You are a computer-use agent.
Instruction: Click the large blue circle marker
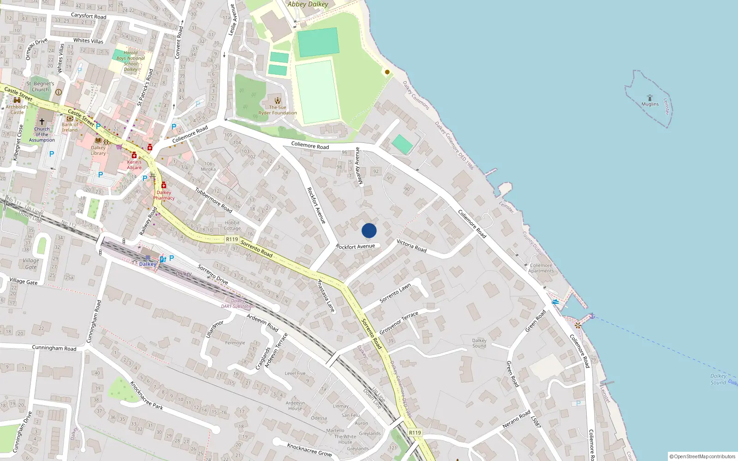click(x=369, y=230)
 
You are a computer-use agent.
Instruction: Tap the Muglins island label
click(x=650, y=104)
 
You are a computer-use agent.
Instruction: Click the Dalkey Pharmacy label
click(x=164, y=195)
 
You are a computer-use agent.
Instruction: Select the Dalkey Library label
click(x=98, y=150)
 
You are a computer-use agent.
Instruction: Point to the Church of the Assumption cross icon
click(x=42, y=122)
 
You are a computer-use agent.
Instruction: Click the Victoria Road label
click(x=411, y=246)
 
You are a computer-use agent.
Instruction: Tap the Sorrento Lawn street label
click(x=395, y=293)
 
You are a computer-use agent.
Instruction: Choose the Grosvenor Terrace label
click(x=399, y=323)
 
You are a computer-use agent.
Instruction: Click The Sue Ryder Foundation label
click(x=278, y=110)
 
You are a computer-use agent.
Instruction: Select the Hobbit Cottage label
click(x=232, y=225)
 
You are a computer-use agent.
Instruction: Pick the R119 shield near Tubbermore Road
click(x=232, y=239)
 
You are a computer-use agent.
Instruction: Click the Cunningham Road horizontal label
click(x=54, y=348)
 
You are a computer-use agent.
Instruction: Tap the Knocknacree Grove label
click(x=309, y=449)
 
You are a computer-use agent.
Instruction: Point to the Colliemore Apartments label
click(x=541, y=268)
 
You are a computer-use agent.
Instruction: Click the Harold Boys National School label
click(x=131, y=61)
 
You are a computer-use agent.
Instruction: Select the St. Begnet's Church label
click(x=40, y=87)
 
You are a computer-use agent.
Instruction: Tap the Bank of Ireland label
click(x=70, y=127)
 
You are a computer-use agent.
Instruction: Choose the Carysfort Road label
click(x=89, y=16)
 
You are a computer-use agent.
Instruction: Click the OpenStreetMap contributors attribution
click(x=702, y=456)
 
